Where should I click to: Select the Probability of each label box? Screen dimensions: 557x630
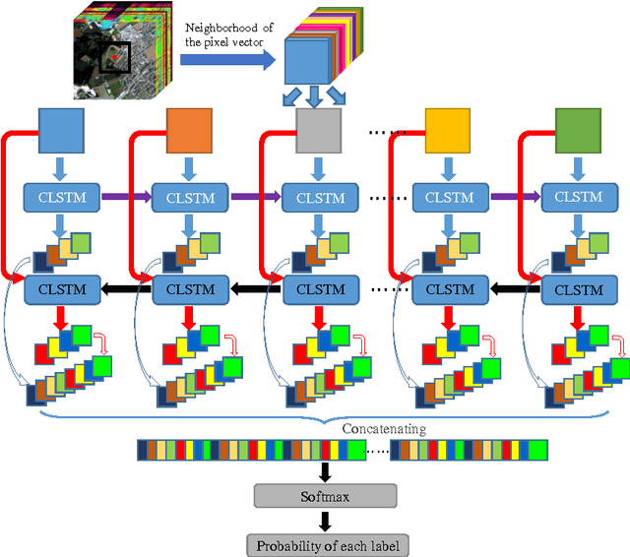pos(324,545)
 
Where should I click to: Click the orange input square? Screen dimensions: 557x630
pos(190,131)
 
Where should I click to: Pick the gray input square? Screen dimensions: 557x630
pos(318,131)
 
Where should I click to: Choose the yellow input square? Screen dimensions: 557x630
pos(448,131)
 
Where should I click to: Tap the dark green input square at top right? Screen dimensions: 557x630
pos(578,131)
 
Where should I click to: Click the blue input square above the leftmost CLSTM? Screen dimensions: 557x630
pos(61,131)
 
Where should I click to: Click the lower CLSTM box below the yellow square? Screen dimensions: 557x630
pos(448,290)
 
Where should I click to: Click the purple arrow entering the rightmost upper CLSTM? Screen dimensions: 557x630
pos(516,198)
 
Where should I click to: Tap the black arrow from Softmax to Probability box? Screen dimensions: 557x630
pos(324,521)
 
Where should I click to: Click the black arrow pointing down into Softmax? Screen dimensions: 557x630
pos(324,471)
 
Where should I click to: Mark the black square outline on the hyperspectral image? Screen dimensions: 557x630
pos(117,58)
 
